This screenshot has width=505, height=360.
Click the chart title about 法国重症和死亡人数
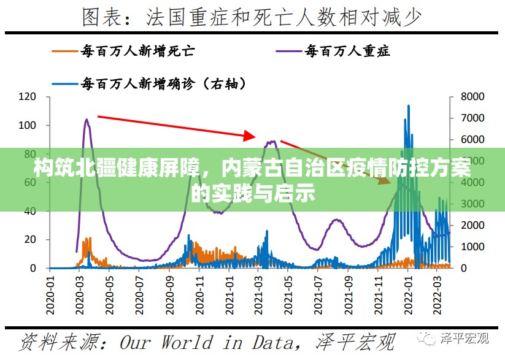[x=252, y=17]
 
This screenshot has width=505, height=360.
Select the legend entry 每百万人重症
[x=347, y=52]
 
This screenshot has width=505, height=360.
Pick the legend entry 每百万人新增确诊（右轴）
[x=163, y=82]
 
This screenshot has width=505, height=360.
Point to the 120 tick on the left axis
[x=28, y=97]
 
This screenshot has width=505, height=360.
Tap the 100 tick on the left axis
[x=28, y=125]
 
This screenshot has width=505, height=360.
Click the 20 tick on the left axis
[x=30, y=240]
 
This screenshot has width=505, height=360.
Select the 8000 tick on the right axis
[x=473, y=97]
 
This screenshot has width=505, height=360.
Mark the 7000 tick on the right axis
[x=473, y=118]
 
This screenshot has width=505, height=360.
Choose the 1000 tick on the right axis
[x=473, y=247]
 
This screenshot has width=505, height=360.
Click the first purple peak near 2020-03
[x=87, y=120]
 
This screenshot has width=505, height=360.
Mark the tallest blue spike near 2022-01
[x=409, y=106]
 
